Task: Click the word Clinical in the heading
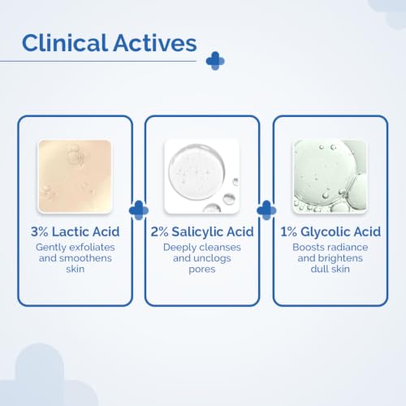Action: pos(65,43)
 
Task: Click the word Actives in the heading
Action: pos(155,43)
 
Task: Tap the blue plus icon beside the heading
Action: pos(215,61)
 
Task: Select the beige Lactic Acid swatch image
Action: pos(75,176)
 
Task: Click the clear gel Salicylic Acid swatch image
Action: pos(202,176)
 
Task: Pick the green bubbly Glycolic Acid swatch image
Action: pos(330,176)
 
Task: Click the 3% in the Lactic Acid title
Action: pos(40,231)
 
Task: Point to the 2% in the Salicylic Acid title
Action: pos(159,231)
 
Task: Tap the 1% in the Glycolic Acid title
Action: pos(288,231)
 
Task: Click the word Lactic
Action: pos(71,231)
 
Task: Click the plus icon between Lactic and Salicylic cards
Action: pos(139,210)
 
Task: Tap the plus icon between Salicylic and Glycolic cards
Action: pos(266,210)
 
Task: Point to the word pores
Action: pos(202,270)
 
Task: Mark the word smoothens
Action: pos(85,258)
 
